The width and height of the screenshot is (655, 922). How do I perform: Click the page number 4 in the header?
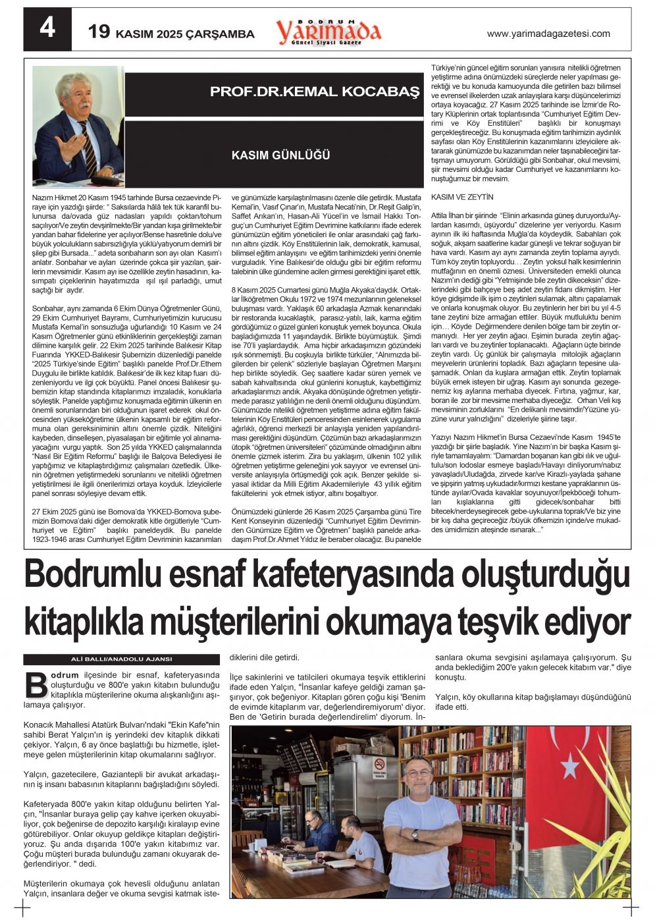click(x=47, y=29)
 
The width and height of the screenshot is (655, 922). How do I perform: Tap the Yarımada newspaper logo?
click(x=328, y=31)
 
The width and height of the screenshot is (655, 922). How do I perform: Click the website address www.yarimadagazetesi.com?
click(x=548, y=34)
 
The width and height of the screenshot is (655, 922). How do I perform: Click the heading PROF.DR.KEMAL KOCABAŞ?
click(x=314, y=92)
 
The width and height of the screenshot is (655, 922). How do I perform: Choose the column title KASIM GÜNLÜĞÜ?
click(x=280, y=155)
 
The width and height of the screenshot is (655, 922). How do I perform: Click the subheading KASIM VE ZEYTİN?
click(x=461, y=198)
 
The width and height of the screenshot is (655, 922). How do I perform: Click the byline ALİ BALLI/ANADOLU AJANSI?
click(x=121, y=659)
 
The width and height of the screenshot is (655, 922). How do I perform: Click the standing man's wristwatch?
click(x=415, y=834)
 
